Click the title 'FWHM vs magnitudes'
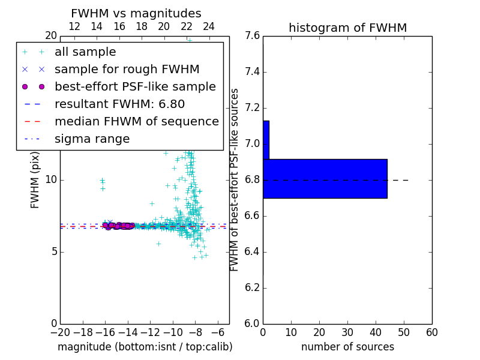136,13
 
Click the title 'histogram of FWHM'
347,28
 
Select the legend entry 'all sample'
85,52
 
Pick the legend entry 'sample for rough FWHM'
127,69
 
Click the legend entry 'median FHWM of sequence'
136,121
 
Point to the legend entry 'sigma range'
92,139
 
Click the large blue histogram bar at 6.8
325,178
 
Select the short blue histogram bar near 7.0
266,140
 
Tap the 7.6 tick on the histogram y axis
252,36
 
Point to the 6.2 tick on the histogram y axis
252,287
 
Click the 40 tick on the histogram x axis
376,332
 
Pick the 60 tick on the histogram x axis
431,332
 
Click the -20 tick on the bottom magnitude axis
60,332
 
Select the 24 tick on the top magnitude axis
209,26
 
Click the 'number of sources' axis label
347,347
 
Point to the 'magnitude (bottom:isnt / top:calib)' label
145,347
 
